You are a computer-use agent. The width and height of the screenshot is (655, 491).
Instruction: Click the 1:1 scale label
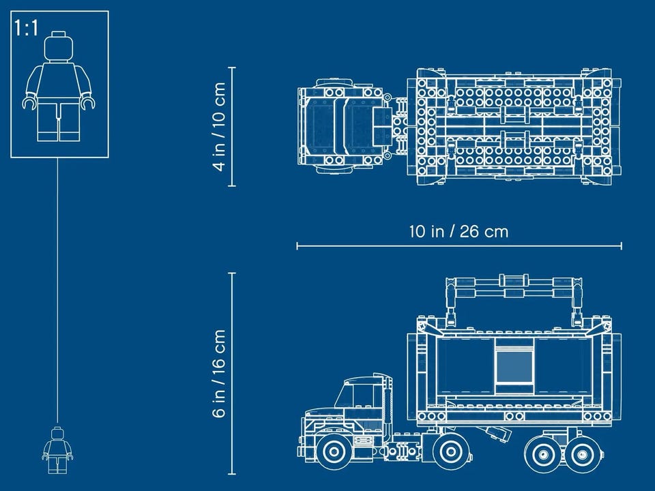point(27,28)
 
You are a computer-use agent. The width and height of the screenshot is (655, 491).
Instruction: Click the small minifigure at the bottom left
point(57,450)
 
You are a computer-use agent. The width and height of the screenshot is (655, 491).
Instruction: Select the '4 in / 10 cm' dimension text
point(219,127)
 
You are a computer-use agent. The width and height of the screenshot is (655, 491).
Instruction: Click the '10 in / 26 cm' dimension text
point(458,231)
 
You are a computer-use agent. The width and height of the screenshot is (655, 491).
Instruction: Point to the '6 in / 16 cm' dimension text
point(219,373)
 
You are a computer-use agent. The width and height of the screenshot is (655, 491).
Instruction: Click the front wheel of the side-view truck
point(333,451)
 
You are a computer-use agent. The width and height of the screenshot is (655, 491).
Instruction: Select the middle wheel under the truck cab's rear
point(450,451)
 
